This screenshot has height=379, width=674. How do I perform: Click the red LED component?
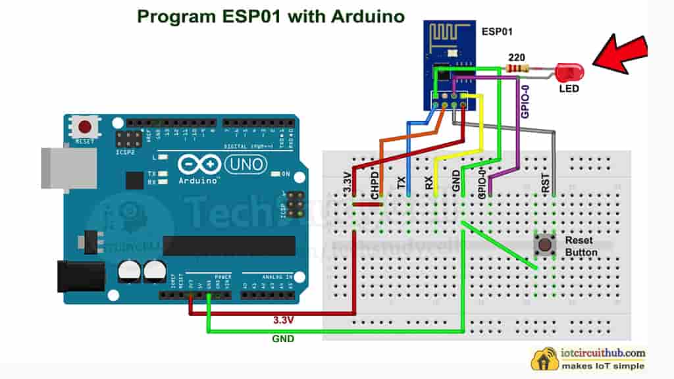[x=567, y=72]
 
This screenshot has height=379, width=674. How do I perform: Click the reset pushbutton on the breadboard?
[x=544, y=247]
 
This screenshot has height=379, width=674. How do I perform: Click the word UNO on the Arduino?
[x=246, y=163]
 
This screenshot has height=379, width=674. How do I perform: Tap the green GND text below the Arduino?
[x=283, y=339]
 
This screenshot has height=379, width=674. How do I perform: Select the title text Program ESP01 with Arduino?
[x=271, y=16]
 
